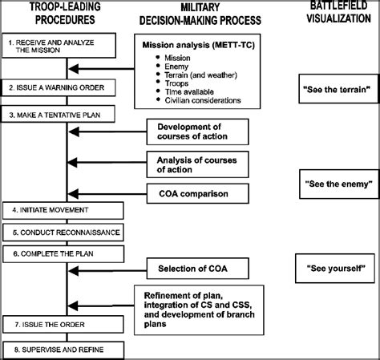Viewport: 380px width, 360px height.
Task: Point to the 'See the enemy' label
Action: click(334, 184)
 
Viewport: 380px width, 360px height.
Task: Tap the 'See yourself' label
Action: click(334, 265)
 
